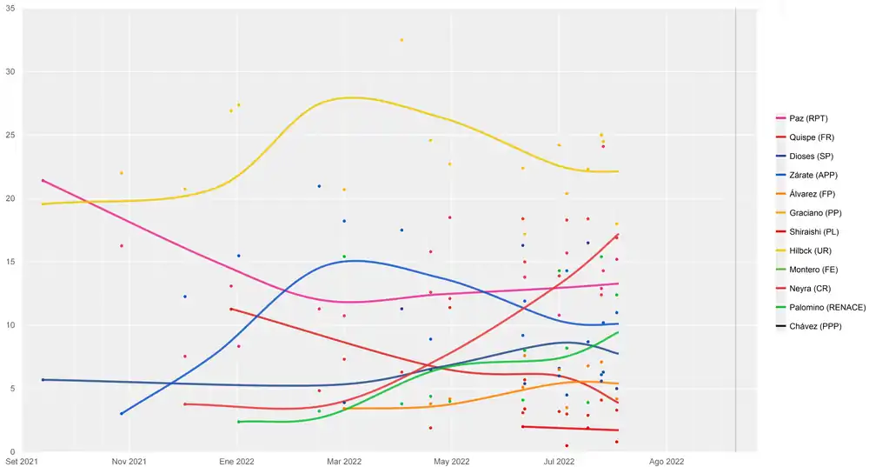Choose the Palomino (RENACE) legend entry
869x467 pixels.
click(x=820, y=308)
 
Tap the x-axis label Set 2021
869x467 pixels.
click(x=20, y=461)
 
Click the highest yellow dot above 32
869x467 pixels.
click(x=401, y=40)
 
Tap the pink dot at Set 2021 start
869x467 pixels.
click(x=43, y=181)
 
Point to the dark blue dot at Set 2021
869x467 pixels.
click(x=43, y=380)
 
